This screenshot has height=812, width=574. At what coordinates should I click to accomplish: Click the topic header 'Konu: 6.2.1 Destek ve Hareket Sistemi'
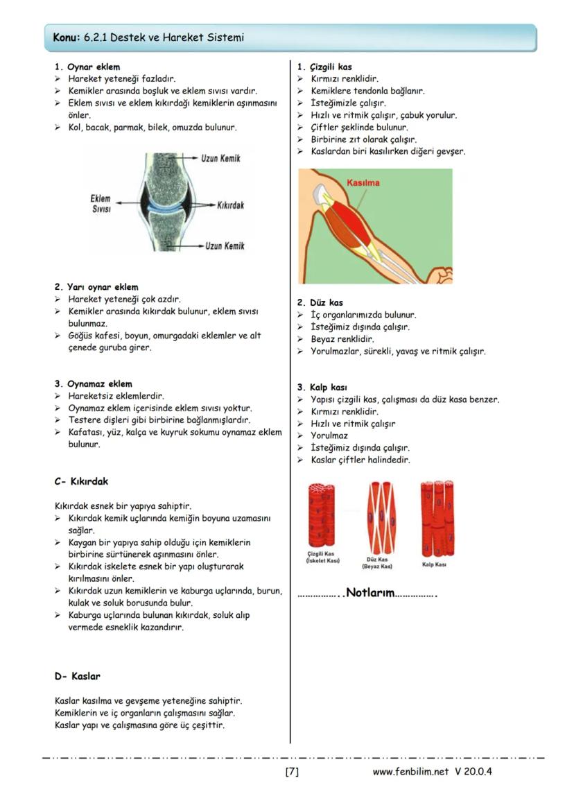pyautogui.click(x=148, y=37)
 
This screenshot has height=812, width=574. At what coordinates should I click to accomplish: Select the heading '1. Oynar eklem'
pyautogui.click(x=87, y=67)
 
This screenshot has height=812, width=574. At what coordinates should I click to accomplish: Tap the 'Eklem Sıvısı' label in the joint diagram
pyautogui.click(x=101, y=204)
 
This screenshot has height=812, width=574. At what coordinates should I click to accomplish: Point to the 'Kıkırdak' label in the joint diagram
pyautogui.click(x=230, y=206)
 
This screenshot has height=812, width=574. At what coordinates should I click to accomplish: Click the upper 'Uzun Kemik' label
pyautogui.click(x=220, y=159)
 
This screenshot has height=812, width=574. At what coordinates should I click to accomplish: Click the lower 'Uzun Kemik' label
pyautogui.click(x=225, y=246)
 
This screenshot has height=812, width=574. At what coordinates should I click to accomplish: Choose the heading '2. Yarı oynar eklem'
pyautogui.click(x=96, y=287)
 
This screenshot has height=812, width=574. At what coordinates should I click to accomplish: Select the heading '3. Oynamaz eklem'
pyautogui.click(x=93, y=383)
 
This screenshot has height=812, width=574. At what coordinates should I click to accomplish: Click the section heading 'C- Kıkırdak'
pyautogui.click(x=81, y=481)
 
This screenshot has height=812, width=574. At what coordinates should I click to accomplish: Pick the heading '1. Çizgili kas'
pyautogui.click(x=324, y=67)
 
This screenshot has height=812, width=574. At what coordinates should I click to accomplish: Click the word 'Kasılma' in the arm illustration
pyautogui.click(x=363, y=182)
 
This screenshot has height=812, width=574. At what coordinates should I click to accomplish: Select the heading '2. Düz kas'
pyautogui.click(x=320, y=303)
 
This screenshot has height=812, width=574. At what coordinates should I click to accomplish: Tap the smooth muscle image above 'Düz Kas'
pyautogui.click(x=379, y=517)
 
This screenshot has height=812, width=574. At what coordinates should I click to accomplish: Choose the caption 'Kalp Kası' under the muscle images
pyautogui.click(x=434, y=564)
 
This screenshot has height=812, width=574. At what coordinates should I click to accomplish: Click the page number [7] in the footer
pyautogui.click(x=292, y=772)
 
